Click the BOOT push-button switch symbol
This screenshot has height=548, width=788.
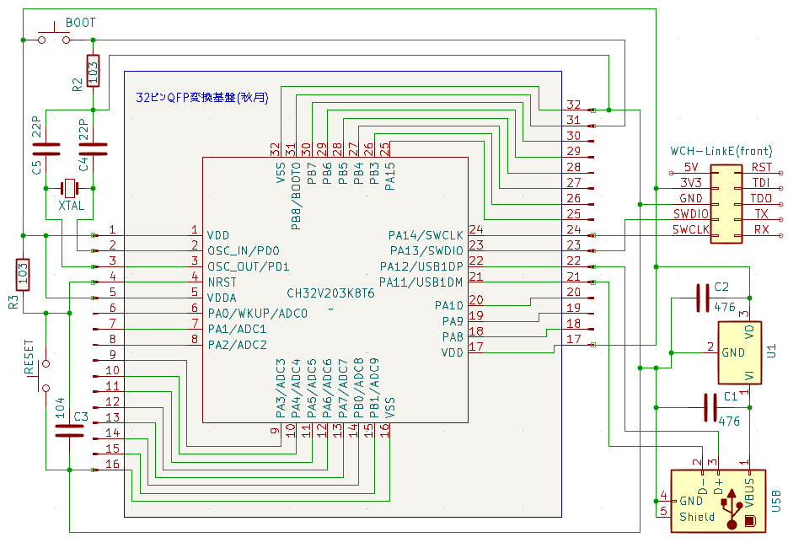point(54,35)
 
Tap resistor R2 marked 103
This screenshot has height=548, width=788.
point(93,71)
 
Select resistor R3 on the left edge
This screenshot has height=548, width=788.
point(23,275)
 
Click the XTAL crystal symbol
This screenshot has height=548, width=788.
point(69,189)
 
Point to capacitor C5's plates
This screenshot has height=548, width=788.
point(46,149)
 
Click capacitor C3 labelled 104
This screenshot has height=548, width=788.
point(69,432)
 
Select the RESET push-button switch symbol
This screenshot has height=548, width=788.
point(44,375)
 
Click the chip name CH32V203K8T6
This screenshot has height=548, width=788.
point(330,293)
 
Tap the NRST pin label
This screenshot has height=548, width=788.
point(222,282)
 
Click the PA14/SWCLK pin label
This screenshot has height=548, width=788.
point(426,235)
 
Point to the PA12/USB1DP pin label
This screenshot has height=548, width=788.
point(421,266)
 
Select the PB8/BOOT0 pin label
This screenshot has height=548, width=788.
point(296,196)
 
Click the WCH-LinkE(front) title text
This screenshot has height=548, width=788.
point(721,151)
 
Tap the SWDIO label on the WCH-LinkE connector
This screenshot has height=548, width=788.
point(691,213)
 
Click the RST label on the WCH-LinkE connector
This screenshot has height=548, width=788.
point(761,168)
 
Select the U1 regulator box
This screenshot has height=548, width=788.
point(739,353)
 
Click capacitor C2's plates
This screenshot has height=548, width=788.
point(703,298)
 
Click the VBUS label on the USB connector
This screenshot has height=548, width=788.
point(749,493)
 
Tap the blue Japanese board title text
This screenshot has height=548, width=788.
point(202,98)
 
